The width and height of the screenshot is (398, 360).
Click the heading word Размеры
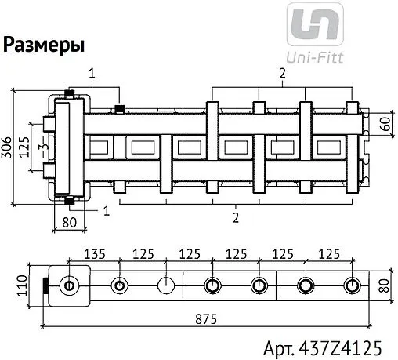point(44,45)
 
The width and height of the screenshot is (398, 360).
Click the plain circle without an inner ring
point(165,285)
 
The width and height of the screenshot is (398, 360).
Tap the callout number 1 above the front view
point(92,74)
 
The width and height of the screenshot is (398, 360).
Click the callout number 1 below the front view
point(106,210)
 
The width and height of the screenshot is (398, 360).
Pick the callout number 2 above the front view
point(282,73)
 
